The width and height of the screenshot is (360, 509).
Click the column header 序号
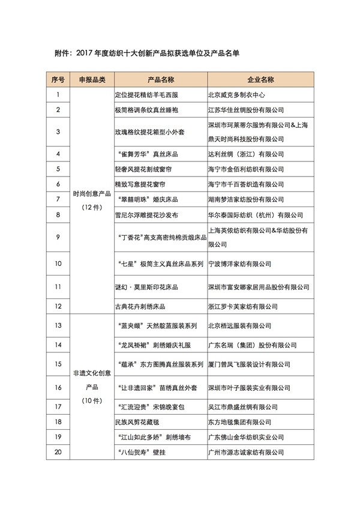pos(58,79)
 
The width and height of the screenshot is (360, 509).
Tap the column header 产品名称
pos(160,79)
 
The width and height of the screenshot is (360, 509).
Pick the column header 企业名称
pos(260,79)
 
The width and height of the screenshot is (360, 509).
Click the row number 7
pos(58,199)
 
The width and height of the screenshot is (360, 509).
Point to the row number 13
pos(58,325)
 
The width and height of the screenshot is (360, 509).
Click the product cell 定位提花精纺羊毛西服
pos(146,94)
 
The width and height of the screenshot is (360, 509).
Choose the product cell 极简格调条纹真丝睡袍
pos(146,110)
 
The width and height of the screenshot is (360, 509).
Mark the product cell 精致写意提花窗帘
pos(142,184)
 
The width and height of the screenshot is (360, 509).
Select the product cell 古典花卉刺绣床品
pos(142,306)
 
